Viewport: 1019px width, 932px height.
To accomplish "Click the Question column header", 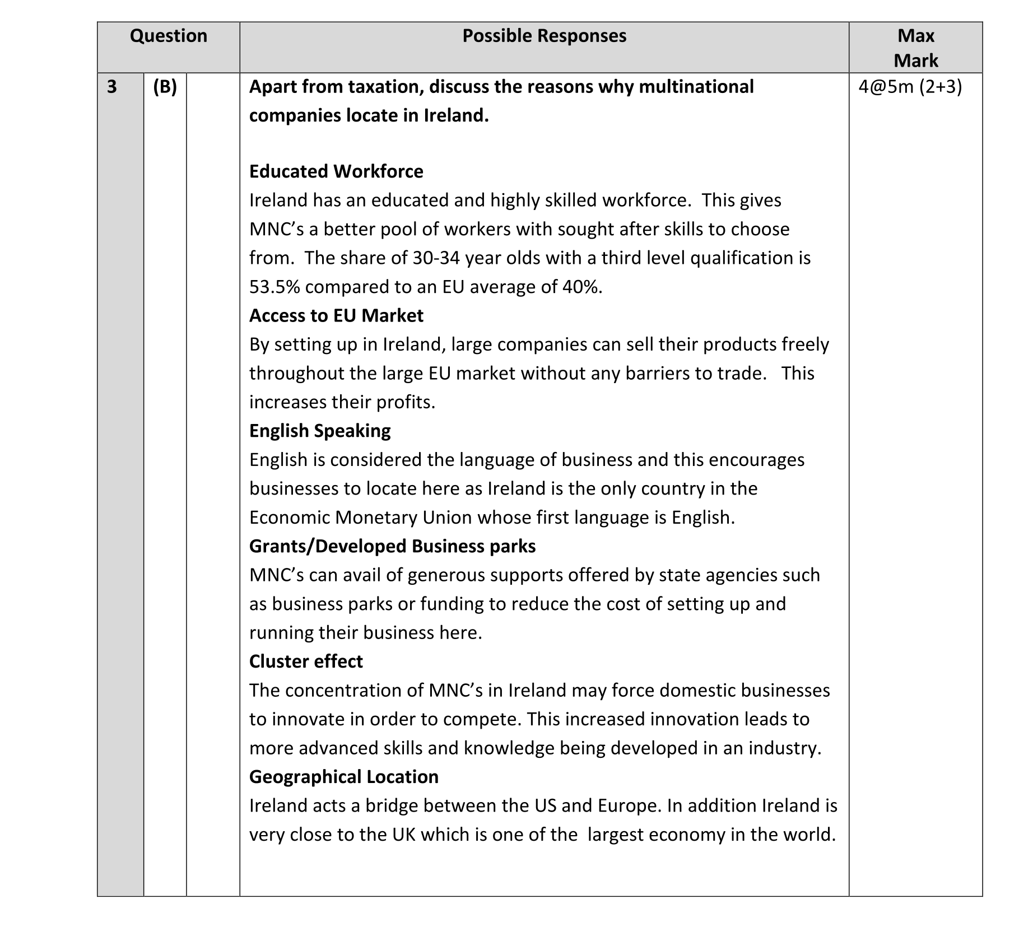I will coord(168,36).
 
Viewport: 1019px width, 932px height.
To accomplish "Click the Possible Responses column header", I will coord(544,36).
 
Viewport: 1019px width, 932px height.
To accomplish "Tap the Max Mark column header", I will coord(915,48).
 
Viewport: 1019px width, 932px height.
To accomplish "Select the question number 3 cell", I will coord(112,87).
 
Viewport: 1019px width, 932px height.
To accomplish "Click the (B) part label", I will coord(165,87).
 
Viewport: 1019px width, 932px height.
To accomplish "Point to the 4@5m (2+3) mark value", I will coord(910,87).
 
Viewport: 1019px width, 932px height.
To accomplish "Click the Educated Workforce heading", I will coord(336,171).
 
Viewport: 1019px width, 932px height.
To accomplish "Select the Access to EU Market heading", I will coord(336,316).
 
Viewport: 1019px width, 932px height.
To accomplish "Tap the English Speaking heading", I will coord(320,431).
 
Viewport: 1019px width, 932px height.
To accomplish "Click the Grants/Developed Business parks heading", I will coord(392,546).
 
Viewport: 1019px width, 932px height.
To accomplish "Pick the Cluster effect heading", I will coord(306,661).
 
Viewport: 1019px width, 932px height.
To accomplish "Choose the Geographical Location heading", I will coord(344,777).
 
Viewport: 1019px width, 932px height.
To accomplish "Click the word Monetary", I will coord(376,518).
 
